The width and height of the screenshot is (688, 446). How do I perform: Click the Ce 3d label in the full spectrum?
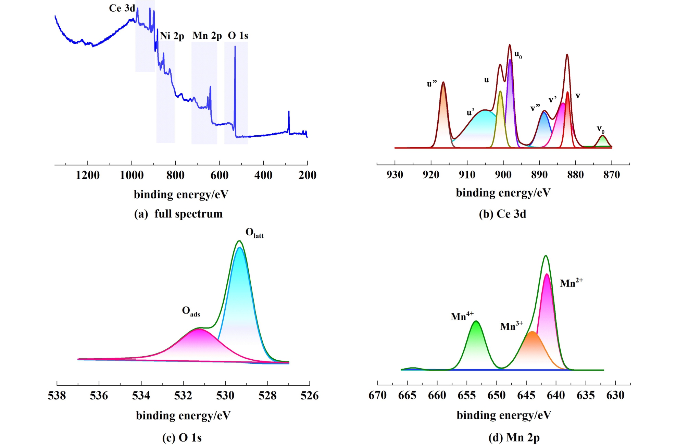coord(122,8)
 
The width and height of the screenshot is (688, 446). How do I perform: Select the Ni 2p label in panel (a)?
coord(172,36)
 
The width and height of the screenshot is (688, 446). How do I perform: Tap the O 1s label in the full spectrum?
coord(238,36)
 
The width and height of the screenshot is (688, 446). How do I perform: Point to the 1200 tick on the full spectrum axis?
coord(88,175)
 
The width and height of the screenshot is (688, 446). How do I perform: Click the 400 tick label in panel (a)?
coord(263,175)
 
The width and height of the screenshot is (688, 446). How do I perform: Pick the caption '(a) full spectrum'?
coord(178,214)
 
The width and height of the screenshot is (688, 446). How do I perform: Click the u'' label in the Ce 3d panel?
coord(432,84)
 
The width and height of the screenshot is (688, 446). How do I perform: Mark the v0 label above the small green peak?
coord(601,129)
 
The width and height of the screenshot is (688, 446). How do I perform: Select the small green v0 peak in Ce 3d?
coord(603,141)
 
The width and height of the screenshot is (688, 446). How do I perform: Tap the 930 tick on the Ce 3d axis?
coord(395,175)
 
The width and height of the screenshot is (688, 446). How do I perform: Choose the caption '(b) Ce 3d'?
coord(502,214)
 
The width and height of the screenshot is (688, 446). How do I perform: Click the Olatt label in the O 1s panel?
coord(254,233)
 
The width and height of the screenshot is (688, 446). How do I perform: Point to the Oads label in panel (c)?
coord(191,311)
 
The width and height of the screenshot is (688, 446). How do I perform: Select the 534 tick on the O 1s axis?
coord(141,396)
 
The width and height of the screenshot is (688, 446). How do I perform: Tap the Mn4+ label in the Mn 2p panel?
coord(462,316)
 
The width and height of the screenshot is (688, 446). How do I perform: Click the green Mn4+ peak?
coord(476,343)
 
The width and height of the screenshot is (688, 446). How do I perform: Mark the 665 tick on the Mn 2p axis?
coord(407,395)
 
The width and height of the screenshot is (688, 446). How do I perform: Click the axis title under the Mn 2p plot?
coord(504,415)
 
